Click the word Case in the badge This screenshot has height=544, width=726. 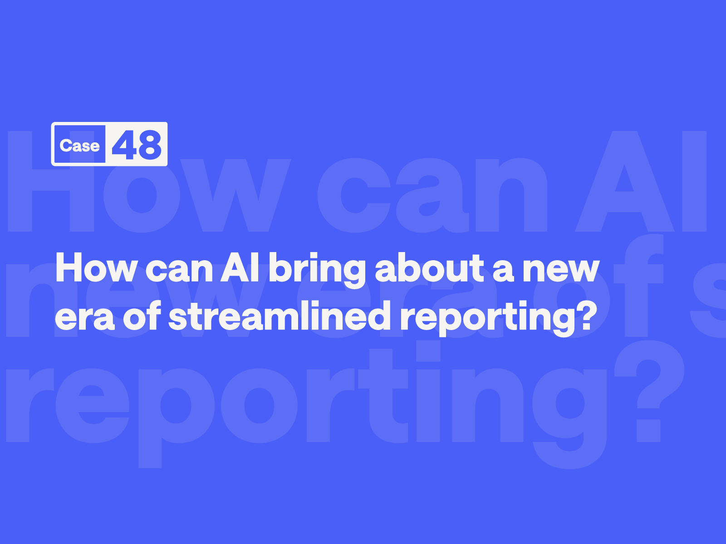[x=79, y=146]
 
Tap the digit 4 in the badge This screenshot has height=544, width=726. [x=124, y=144]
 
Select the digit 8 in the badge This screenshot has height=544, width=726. [x=150, y=145]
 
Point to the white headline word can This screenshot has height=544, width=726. [x=179, y=271]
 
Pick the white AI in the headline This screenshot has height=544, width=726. [x=240, y=267]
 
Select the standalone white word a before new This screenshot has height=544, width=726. [x=503, y=271]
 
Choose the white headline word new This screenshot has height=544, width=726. [x=561, y=271]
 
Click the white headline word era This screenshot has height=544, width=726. [x=85, y=319]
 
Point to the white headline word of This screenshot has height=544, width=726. [x=142, y=316]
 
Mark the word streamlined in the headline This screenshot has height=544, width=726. [x=277, y=316]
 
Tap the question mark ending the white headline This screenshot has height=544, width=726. [x=587, y=316]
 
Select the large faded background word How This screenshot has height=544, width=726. [x=149, y=182]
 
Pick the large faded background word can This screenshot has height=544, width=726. [x=432, y=195]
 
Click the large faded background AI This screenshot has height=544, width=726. [x=641, y=181]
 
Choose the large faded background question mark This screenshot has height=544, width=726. [x=649, y=391]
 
